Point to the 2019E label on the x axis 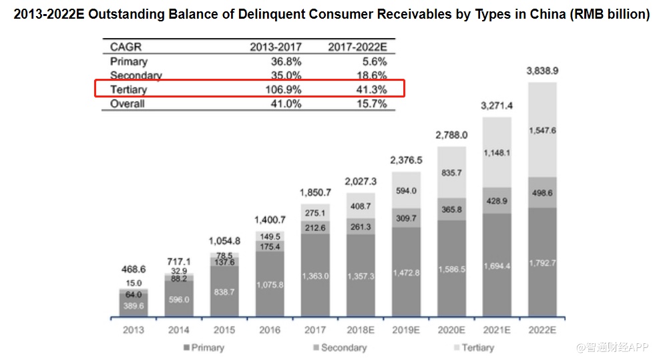point(405,329)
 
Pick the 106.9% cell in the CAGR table point(286,89)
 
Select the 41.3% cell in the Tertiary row point(372,89)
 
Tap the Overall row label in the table point(127,104)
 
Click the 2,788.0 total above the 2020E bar point(451,135)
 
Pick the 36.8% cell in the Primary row point(286,61)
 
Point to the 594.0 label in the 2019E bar point(405,190)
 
